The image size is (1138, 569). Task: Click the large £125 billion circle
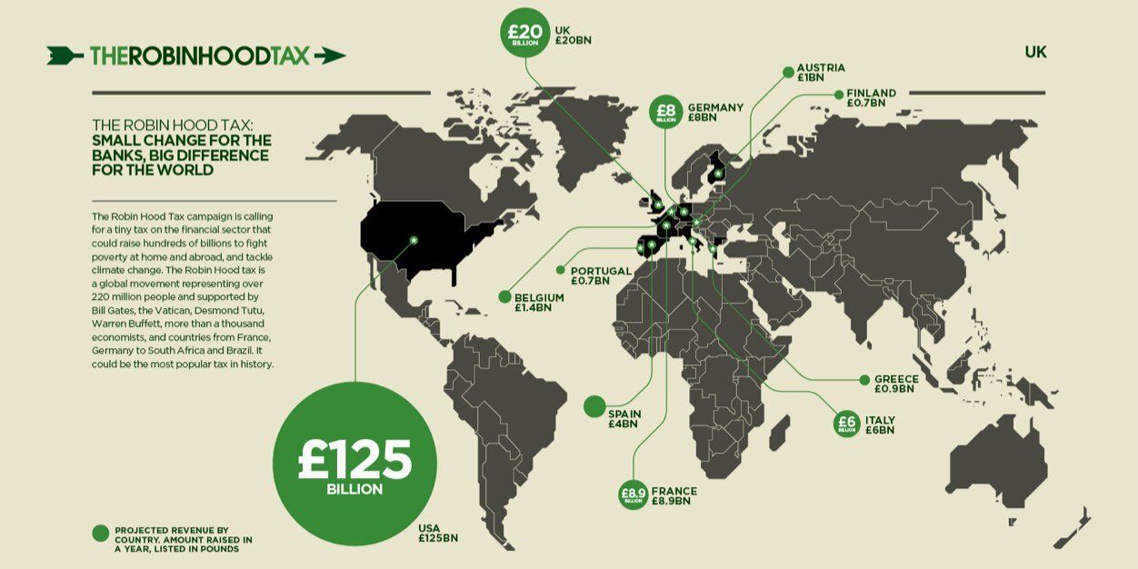pyautogui.click(x=354, y=464)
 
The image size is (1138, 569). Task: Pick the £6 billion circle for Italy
pyautogui.click(x=847, y=424)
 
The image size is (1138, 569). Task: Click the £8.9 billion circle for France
pyautogui.click(x=632, y=494)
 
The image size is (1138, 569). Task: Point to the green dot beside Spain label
pyautogui.click(x=594, y=406)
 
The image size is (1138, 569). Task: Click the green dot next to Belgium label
pyautogui.click(x=504, y=296)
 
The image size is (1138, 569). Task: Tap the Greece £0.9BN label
pyautogui.click(x=895, y=384)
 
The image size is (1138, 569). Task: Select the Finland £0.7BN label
pyautogui.click(x=871, y=98)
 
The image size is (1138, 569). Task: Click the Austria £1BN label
pyautogui.click(x=820, y=73)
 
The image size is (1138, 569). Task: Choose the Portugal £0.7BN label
pyautogui.click(x=601, y=275)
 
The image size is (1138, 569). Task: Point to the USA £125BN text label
pyautogui.click(x=437, y=534)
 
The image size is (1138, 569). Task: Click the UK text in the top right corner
pyautogui.click(x=1035, y=53)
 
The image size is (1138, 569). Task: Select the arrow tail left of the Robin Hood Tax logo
pyautogui.click(x=65, y=55)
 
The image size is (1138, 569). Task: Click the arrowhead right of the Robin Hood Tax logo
pyautogui.click(x=330, y=55)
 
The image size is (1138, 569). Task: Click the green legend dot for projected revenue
pyautogui.click(x=100, y=534)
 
